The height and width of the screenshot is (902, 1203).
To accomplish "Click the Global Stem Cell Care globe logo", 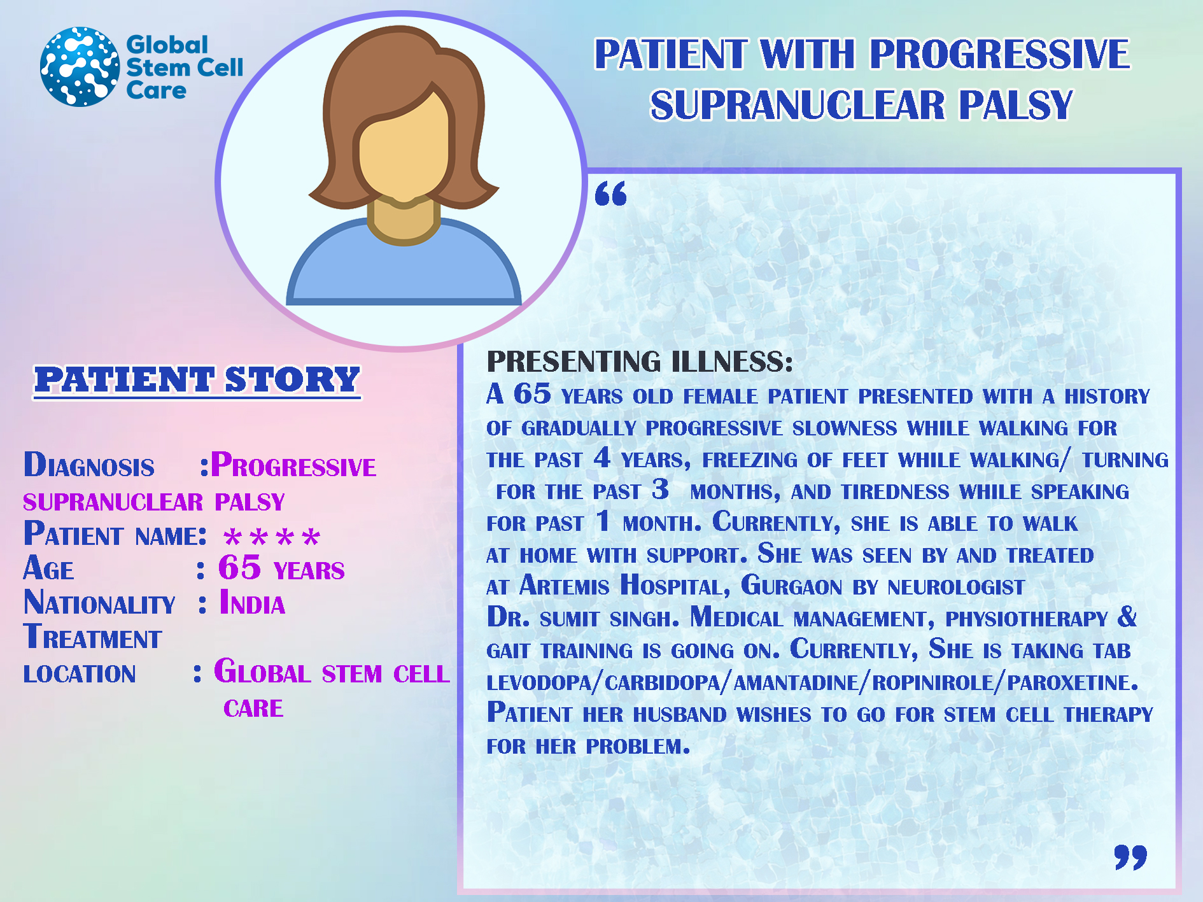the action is (x=80, y=67).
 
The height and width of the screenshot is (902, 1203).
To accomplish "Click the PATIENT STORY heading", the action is (x=197, y=380).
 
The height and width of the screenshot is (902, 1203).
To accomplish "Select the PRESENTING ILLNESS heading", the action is (x=640, y=362).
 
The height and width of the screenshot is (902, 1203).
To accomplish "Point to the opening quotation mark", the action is (x=611, y=194).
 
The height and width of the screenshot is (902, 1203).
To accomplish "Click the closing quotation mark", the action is (x=1130, y=857).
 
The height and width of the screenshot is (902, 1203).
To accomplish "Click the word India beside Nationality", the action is (x=252, y=603).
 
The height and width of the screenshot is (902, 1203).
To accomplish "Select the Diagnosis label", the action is (x=89, y=465).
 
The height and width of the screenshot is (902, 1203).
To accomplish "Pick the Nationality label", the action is (x=99, y=603).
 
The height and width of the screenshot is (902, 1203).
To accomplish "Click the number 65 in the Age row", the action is (x=240, y=567).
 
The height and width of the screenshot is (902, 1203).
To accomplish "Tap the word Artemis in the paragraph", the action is (x=564, y=586).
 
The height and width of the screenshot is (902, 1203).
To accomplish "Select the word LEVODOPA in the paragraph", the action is (x=539, y=682).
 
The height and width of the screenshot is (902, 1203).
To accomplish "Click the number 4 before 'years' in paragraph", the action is (x=602, y=457).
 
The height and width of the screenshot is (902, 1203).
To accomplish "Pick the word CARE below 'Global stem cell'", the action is (x=253, y=708).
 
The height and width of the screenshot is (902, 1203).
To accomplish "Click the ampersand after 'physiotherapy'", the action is (x=1127, y=616).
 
